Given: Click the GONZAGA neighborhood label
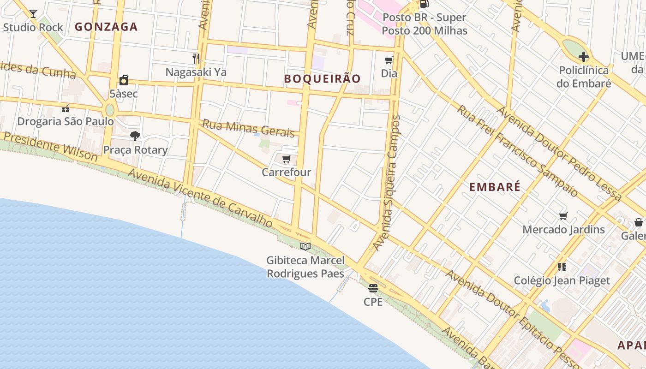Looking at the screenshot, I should pos(106,27).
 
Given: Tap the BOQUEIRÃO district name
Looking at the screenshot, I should pos(322,79).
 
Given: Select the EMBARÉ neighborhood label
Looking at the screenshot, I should pos(495,187).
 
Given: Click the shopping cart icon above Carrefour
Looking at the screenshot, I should pos(286,159).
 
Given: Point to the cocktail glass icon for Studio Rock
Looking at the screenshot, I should pos(33,13).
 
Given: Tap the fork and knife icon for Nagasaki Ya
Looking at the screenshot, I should pos(196,58).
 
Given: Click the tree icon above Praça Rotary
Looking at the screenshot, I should pos(135,136).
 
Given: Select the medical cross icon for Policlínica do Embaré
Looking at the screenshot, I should pos(583,57).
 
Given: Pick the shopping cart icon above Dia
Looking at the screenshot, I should pos(389,60).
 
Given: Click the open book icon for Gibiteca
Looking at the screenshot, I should pos(305,246).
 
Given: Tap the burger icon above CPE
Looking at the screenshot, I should pos(373,288).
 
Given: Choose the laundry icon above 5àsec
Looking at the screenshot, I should pos(123,80).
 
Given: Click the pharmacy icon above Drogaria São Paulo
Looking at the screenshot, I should pos(65,108).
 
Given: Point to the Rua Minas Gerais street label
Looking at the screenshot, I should pos(248,129).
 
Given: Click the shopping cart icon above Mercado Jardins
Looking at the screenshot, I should pos(563,216).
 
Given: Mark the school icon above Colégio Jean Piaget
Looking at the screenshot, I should pos(562,267).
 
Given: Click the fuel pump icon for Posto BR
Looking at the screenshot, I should pos(424,4).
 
